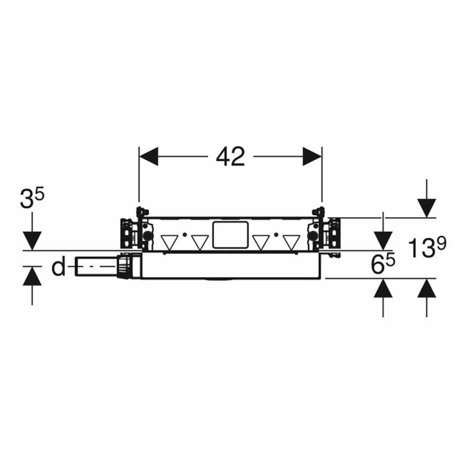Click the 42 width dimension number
click(x=230, y=156)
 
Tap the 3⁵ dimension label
click(x=32, y=198)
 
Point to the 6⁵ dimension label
click(x=383, y=264)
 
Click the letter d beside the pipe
click(x=58, y=267)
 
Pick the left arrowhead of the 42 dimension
click(x=149, y=156)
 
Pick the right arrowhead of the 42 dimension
click(x=312, y=156)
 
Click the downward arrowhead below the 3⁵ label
click(x=32, y=241)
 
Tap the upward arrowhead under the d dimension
click(x=32, y=276)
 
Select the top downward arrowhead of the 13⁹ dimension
click(x=426, y=208)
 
